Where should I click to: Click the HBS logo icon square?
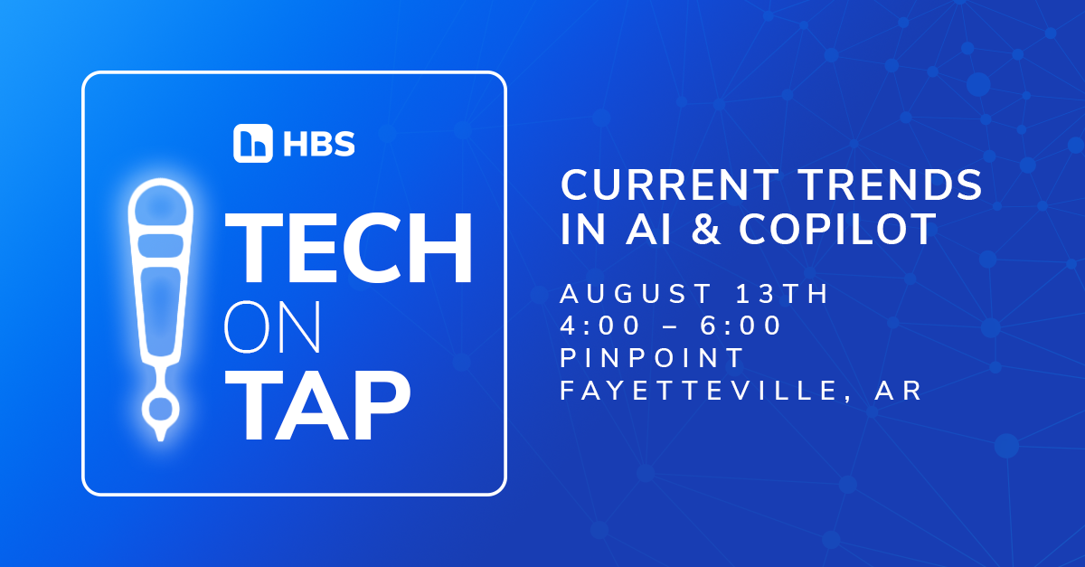253,143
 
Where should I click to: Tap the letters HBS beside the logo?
316,143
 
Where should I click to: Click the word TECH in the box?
353,248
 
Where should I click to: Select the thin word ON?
272,331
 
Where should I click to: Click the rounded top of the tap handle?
160,203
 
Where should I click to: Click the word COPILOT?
837,230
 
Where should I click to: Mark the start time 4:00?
603,326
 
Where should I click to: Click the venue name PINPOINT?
652,358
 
